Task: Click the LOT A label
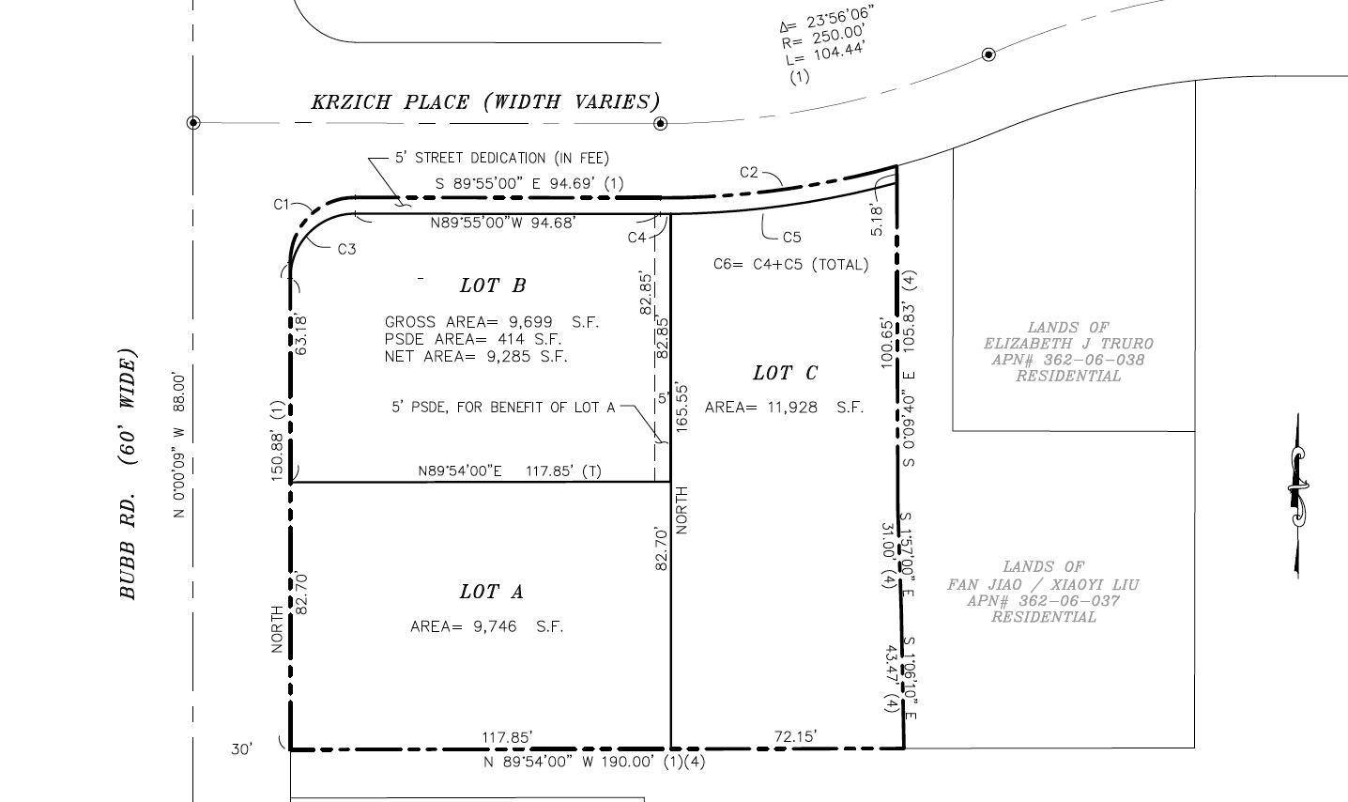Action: (492, 592)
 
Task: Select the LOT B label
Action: (493, 285)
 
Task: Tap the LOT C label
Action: (785, 373)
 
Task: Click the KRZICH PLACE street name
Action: (390, 101)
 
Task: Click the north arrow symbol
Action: (1297, 496)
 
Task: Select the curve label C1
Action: (282, 204)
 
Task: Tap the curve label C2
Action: (748, 172)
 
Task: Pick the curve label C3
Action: (346, 249)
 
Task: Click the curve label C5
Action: (792, 238)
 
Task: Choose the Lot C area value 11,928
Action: (792, 408)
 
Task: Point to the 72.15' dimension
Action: (795, 736)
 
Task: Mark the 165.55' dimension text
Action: (682, 407)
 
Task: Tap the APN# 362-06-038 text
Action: (1068, 360)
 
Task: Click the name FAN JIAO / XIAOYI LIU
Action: (1044, 585)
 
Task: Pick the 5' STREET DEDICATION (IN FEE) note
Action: (502, 158)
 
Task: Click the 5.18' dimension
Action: (878, 221)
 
